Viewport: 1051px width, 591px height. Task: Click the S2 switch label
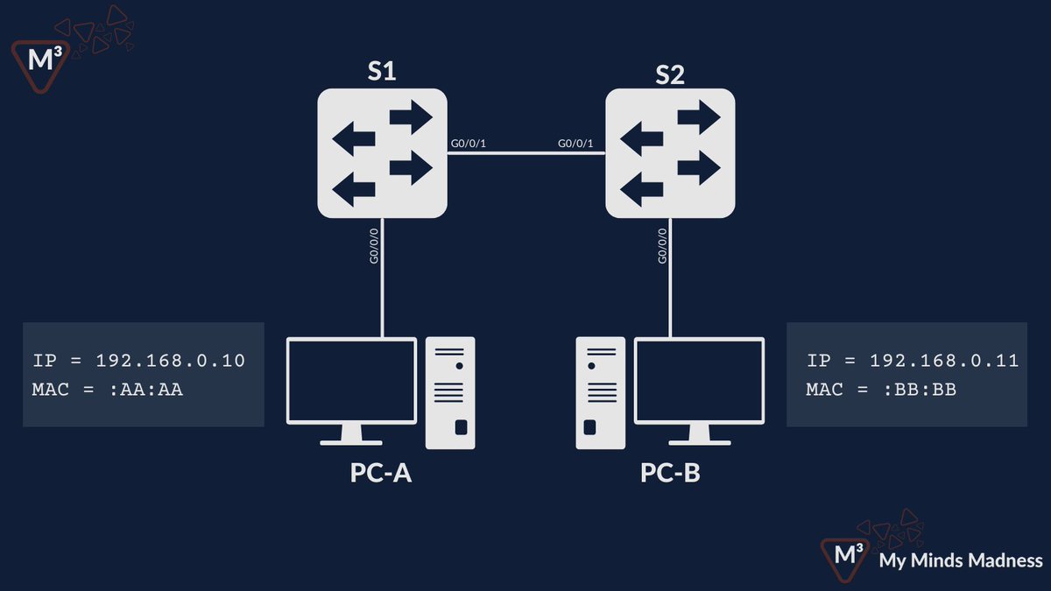[670, 74]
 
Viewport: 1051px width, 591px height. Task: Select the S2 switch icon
[670, 154]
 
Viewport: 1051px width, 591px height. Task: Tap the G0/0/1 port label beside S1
[469, 144]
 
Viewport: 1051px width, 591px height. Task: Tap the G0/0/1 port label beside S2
[575, 144]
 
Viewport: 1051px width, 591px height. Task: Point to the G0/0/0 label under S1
[374, 247]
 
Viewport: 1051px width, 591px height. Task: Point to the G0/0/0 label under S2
[662, 247]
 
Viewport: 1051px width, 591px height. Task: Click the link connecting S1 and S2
[525, 153]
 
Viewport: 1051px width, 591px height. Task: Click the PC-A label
[381, 474]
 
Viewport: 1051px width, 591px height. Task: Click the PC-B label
[670, 474]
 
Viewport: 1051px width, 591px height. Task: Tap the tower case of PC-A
[450, 392]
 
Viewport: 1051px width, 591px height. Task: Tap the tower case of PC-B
[600, 392]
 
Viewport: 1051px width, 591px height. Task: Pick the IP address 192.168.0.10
[170, 361]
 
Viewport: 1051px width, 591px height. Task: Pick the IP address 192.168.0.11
[944, 361]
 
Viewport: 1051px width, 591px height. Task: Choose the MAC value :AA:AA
[146, 390]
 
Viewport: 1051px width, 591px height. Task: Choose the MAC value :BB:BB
[921, 390]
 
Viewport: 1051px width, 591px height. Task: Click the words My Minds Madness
[961, 560]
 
